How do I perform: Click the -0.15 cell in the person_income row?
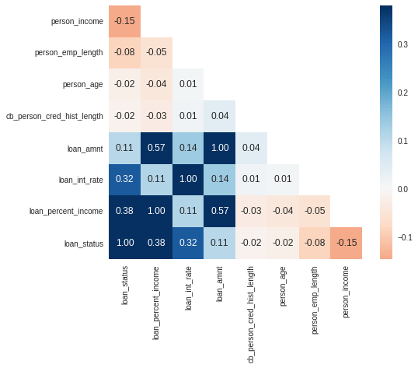pos(125,21)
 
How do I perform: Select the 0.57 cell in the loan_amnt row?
pos(156,147)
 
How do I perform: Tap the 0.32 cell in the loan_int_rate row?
pos(125,179)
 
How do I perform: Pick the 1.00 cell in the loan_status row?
pos(125,243)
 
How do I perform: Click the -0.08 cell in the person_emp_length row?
pos(125,52)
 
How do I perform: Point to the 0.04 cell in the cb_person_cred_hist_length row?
pos(220,116)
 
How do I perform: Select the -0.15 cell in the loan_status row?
pos(346,243)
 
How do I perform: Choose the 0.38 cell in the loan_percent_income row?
pos(125,211)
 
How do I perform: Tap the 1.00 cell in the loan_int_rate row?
pos(188,179)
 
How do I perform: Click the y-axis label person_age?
pos(84,84)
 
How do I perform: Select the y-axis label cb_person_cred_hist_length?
pos(54,116)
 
